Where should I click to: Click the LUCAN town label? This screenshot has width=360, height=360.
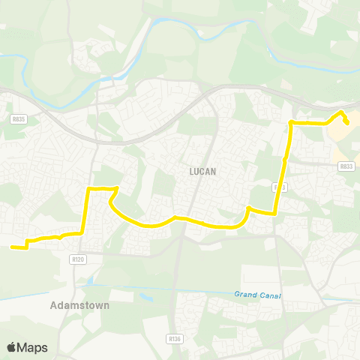pyautogui.click(x=202, y=171)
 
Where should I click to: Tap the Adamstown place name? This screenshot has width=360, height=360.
pyautogui.click(x=79, y=306)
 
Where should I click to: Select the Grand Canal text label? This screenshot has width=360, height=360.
pyautogui.click(x=256, y=295)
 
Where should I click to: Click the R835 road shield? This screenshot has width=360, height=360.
pyautogui.click(x=19, y=118)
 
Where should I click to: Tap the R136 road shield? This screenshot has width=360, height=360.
pyautogui.click(x=175, y=338)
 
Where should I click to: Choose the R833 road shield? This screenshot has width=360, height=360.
pyautogui.click(x=345, y=166)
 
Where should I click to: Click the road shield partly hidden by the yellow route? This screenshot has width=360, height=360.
pyautogui.click(x=280, y=185)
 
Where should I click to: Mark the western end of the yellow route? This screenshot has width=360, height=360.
pyautogui.click(x=11, y=246)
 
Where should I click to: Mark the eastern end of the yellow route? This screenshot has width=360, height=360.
pyautogui.click(x=347, y=124)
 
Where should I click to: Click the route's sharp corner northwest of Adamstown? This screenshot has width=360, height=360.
pyautogui.click(x=89, y=188)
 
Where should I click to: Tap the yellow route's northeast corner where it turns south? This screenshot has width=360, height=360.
pyautogui.click(x=291, y=121)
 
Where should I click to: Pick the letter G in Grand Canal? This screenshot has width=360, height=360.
pyautogui.click(x=235, y=294)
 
